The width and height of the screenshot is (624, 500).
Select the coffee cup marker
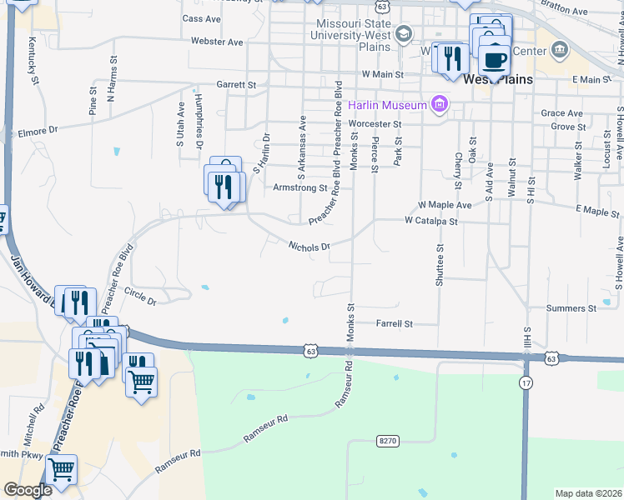(x=494, y=61)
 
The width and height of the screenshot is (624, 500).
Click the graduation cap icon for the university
(x=405, y=34)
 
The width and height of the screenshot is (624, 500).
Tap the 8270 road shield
(x=385, y=439)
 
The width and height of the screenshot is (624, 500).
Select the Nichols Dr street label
(x=309, y=246)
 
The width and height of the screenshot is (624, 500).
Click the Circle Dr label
(x=139, y=296)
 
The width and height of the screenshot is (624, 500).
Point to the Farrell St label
(x=395, y=323)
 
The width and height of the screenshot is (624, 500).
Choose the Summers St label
(x=571, y=308)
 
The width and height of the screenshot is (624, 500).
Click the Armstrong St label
(x=300, y=188)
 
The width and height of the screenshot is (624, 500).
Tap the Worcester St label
(x=375, y=124)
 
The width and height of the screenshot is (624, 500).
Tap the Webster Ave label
(x=216, y=42)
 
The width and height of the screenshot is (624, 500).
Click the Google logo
(x=28, y=490)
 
